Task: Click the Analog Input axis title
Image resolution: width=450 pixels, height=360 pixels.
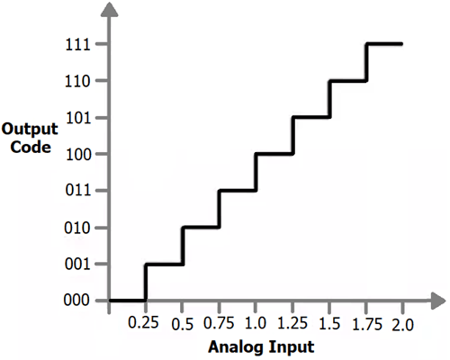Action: coord(261,347)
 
